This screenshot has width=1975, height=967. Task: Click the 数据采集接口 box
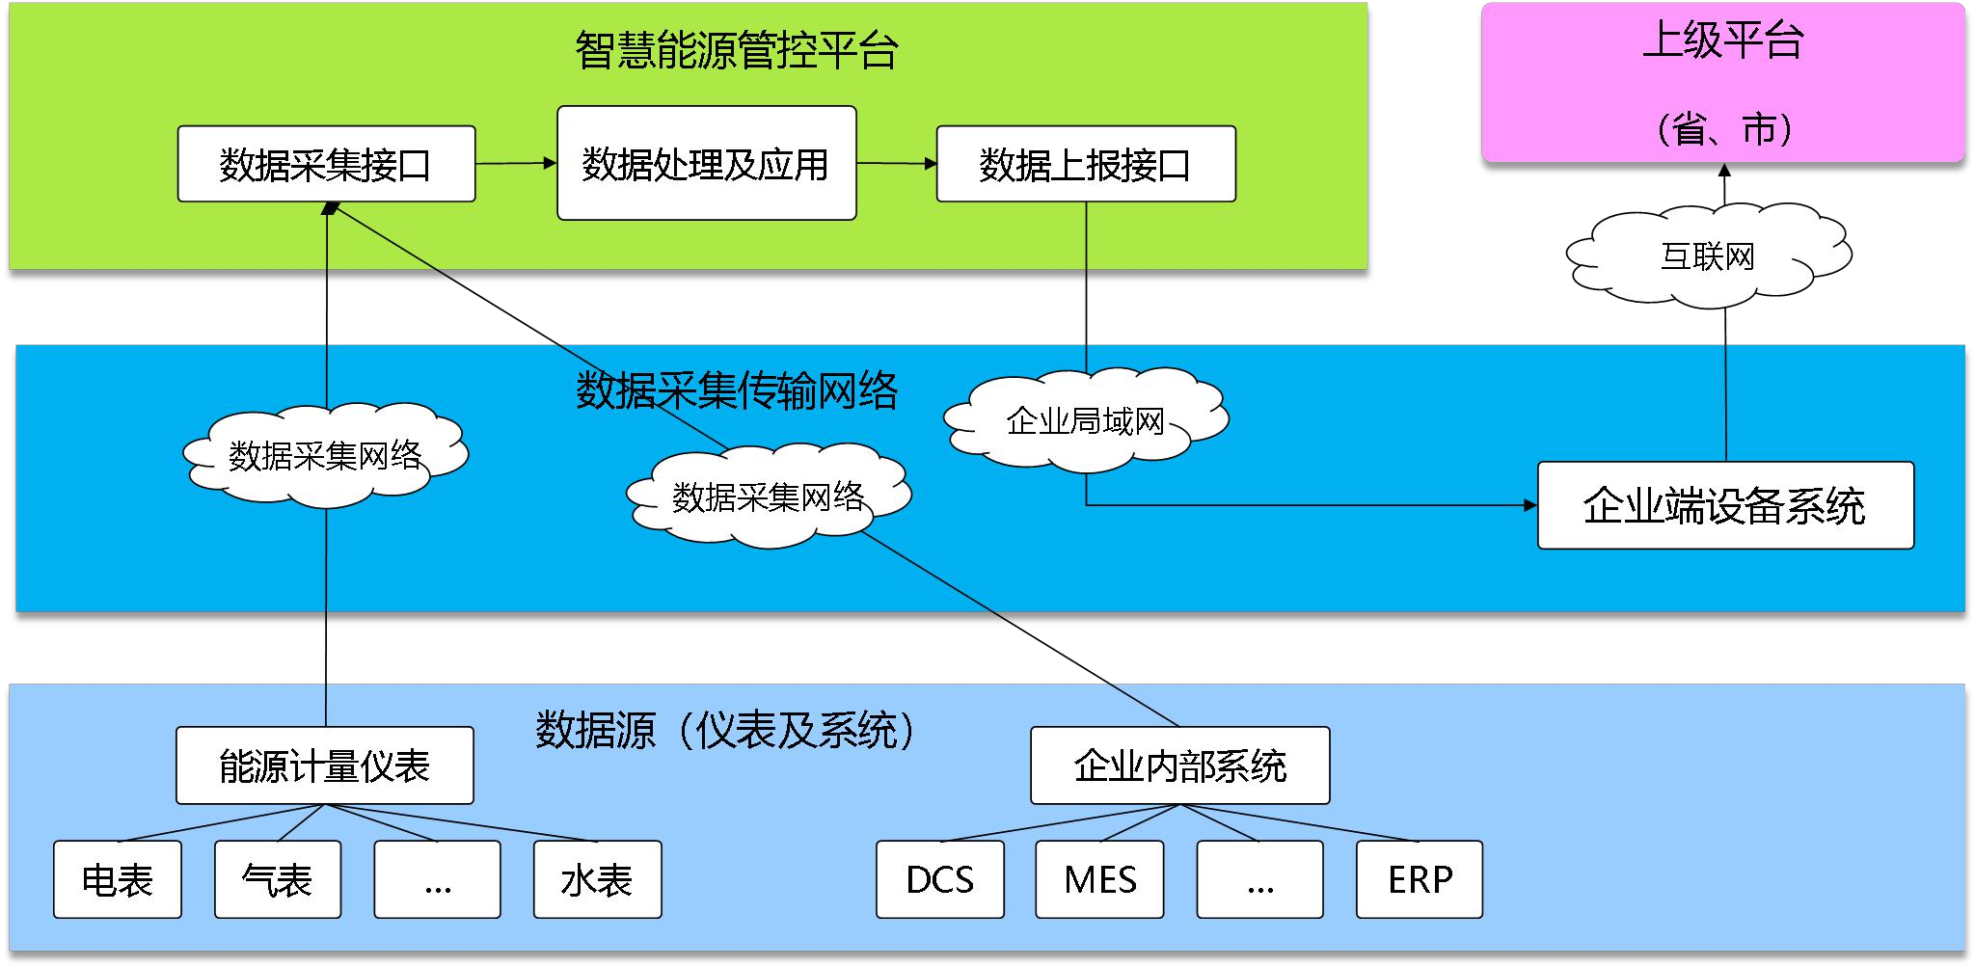coord(326,164)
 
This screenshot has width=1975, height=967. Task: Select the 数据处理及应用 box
coord(706,164)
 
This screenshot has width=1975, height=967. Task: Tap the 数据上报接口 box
coord(1086,164)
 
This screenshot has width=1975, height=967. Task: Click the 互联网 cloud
coord(1707,256)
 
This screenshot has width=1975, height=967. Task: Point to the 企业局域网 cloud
coord(1085,421)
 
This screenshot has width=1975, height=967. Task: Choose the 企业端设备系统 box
coord(1724,506)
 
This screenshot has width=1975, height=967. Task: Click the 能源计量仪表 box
coord(324,766)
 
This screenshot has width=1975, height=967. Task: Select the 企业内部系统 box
coord(1179,766)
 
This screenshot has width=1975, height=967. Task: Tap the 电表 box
coord(117,879)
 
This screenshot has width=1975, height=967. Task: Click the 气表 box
coord(278,879)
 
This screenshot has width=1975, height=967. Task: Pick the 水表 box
coord(597,879)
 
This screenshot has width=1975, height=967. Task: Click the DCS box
coord(939,879)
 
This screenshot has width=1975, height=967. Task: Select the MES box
coord(1099,879)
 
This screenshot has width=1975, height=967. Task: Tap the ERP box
coord(1419,879)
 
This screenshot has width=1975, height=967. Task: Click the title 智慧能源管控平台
coord(737,50)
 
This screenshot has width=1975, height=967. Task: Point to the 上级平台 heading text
coord(1722,40)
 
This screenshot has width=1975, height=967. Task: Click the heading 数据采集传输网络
coord(737,390)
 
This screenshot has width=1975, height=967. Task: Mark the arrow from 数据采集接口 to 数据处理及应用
coord(515,164)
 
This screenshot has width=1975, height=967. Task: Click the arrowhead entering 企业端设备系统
coord(1530,505)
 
